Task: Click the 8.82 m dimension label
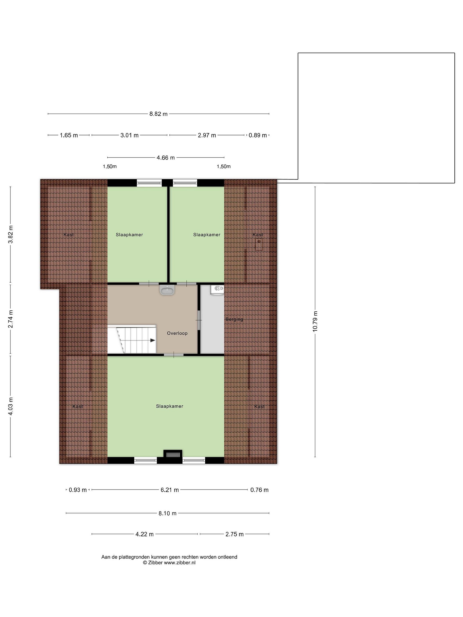[158, 114]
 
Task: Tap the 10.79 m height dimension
[315, 321]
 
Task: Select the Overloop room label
[177, 333]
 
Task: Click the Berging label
[235, 319]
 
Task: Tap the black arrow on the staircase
[153, 340]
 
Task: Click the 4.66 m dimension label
[166, 158]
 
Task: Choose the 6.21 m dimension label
[170, 490]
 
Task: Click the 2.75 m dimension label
[235, 534]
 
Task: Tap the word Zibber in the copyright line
[155, 563]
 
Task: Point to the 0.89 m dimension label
[258, 135]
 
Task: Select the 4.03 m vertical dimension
[11, 406]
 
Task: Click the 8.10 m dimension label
[167, 513]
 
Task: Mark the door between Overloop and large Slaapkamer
[174, 355]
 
